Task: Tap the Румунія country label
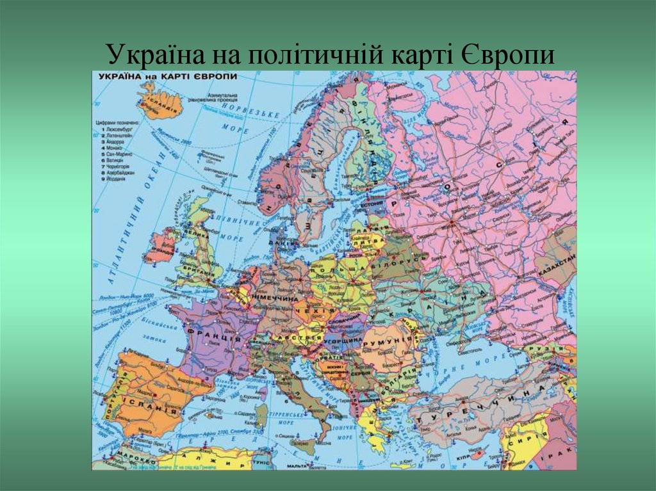point(386,341)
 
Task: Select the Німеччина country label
point(277,299)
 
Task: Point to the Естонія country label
point(372,205)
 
